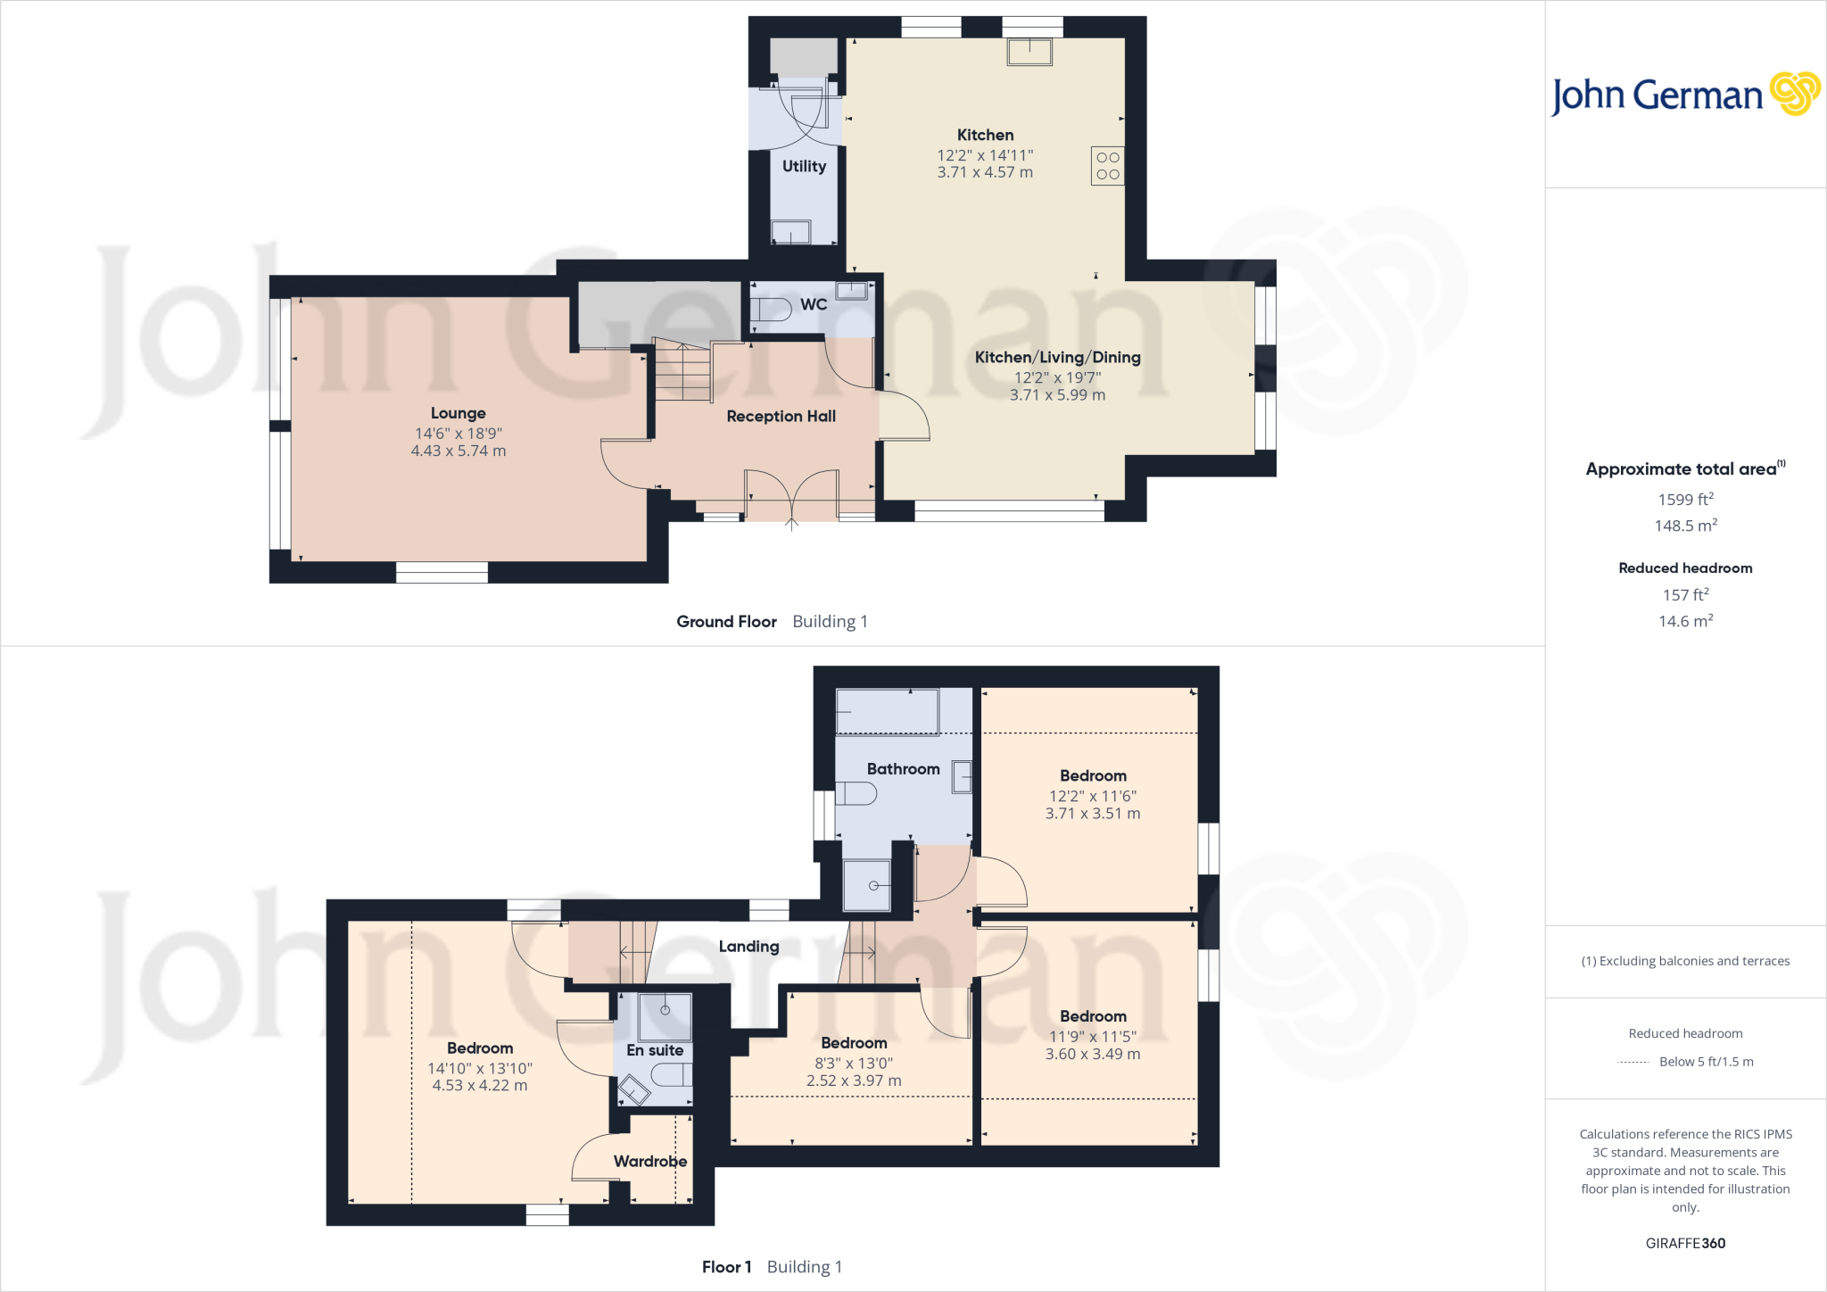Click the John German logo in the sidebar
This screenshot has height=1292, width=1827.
1684,95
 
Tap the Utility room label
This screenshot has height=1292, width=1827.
804,166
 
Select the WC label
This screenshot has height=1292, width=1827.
813,304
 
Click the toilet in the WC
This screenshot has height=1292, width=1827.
771,310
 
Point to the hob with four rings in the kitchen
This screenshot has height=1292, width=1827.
1107,166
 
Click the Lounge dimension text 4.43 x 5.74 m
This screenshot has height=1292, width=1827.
458,451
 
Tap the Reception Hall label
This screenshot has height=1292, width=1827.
781,416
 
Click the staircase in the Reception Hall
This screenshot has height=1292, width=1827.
683,372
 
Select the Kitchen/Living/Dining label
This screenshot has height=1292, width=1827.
1057,357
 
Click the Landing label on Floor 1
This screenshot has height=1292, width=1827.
748,946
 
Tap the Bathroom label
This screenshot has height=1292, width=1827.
903,768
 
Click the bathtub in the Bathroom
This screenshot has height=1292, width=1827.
887,712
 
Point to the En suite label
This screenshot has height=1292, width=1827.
655,1050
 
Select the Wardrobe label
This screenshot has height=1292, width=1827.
649,1161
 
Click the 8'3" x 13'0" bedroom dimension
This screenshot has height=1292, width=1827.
854,1063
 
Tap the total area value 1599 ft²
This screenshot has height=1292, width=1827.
1685,500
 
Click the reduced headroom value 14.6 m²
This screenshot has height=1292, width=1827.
1685,621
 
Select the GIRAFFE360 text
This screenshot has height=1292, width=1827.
1685,1243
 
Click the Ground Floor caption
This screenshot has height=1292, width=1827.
726,621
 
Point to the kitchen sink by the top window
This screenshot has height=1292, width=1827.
1029,52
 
